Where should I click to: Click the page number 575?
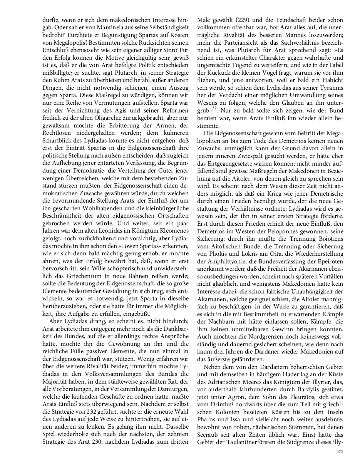pos(339,451)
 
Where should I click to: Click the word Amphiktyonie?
pos(220,264)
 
